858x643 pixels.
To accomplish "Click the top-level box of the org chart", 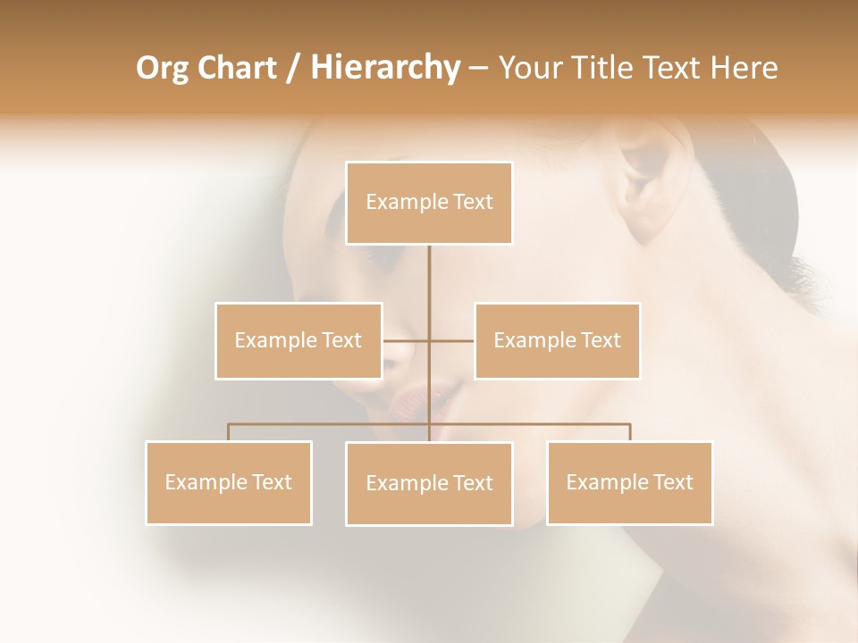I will [429, 203].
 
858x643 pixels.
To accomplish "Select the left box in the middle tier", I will [299, 340].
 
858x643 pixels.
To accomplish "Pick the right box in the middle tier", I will [557, 340].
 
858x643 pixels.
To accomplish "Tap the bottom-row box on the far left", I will [229, 482].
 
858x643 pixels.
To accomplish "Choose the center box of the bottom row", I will [429, 483].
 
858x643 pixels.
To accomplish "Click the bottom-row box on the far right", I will [629, 482].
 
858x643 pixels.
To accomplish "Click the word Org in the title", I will [161, 68].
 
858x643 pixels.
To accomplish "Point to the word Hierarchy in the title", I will [384, 68].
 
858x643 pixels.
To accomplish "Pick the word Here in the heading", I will [744, 68].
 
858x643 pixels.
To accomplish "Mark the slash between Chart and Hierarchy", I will [293, 68].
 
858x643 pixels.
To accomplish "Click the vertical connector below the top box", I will [429, 286].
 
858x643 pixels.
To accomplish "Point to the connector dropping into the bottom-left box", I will [229, 432].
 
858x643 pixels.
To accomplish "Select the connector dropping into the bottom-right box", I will [629, 432].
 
